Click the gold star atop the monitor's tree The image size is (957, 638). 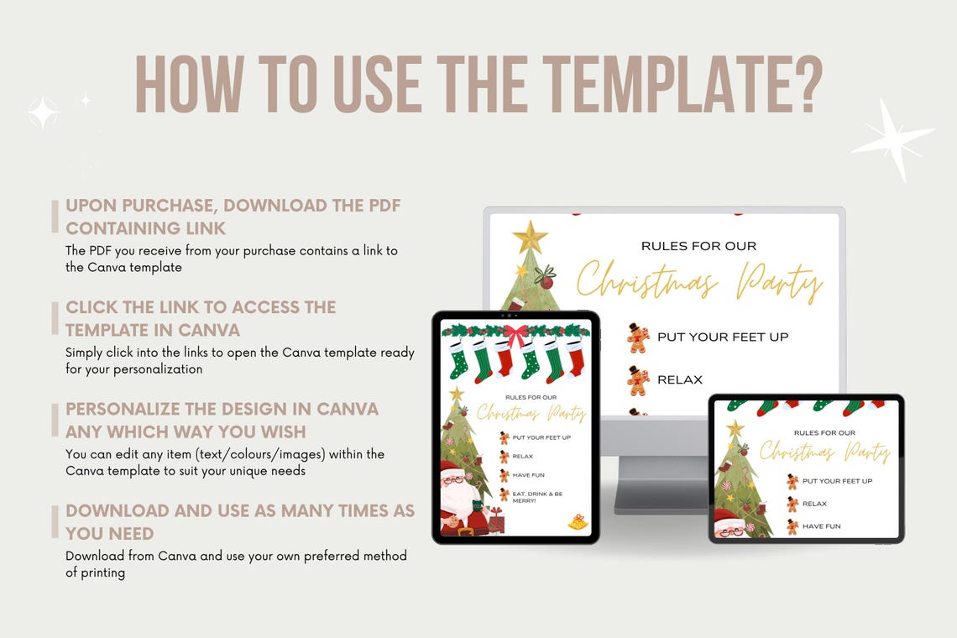click(x=530, y=238)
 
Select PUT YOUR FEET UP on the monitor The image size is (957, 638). click(x=723, y=337)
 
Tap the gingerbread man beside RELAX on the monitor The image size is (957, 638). click(x=638, y=380)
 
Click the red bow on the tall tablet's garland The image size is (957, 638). click(x=515, y=333)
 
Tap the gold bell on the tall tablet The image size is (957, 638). click(x=578, y=522)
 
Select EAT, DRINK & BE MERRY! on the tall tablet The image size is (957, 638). click(x=537, y=496)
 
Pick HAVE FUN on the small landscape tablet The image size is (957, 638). click(x=821, y=526)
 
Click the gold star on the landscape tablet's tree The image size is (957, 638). click(x=735, y=429)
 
